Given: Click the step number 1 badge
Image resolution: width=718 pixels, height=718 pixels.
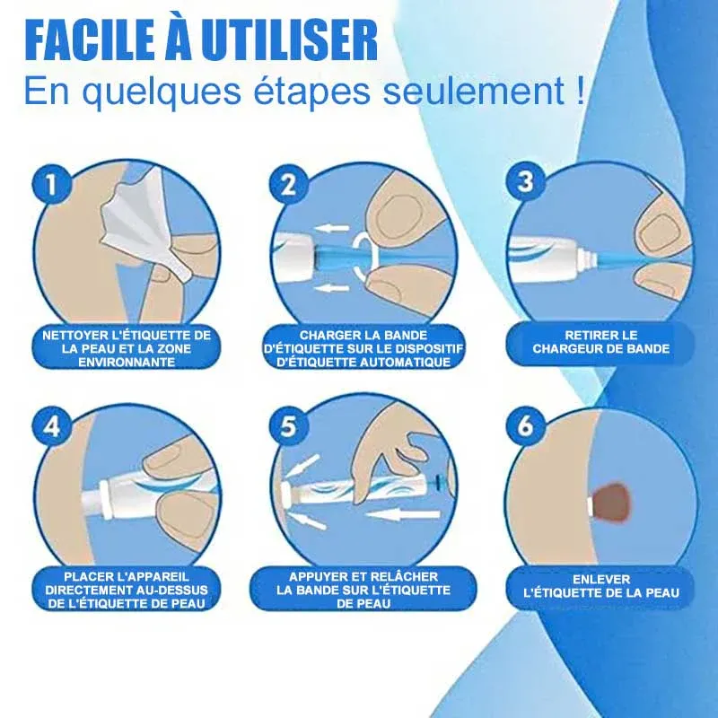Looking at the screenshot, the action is point(52,185).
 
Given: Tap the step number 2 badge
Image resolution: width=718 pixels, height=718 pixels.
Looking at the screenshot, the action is point(288,185).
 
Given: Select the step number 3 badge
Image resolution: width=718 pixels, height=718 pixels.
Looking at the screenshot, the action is point(526,182).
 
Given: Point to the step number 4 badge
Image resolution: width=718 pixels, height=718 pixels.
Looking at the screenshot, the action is point(52,426).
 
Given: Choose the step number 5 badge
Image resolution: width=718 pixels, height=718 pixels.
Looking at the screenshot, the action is point(288,426).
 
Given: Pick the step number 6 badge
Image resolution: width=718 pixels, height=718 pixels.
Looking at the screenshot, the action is point(526,425).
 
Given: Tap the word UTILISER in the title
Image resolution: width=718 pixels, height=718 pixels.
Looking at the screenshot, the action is point(289,40).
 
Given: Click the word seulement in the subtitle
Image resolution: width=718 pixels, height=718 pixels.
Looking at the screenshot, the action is point(474,92).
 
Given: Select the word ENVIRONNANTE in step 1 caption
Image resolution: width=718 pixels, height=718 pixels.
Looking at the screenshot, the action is point(127,363).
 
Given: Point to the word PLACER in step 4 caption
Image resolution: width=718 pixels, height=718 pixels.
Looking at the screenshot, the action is point(86,576).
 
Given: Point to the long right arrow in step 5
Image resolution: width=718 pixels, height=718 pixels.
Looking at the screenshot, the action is point(403,513).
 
